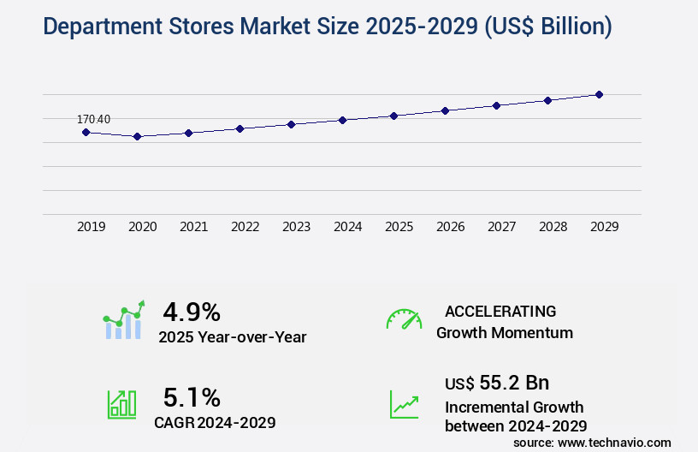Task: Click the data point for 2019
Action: click(x=86, y=132)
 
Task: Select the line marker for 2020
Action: click(x=137, y=136)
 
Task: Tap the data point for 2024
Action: click(x=342, y=120)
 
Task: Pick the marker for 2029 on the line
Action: click(x=599, y=94)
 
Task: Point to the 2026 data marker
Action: click(x=445, y=110)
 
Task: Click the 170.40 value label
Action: click(x=93, y=119)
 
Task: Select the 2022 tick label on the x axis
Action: click(x=245, y=227)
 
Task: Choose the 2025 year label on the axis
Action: click(x=399, y=227)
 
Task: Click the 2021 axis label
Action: click(x=193, y=227)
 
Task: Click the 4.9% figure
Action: click(x=192, y=311)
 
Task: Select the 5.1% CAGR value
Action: click(x=192, y=397)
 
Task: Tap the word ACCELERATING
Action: click(x=500, y=311)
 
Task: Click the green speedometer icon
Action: click(x=404, y=319)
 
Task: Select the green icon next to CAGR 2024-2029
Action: click(x=121, y=404)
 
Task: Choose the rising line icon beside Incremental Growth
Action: click(x=404, y=404)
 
